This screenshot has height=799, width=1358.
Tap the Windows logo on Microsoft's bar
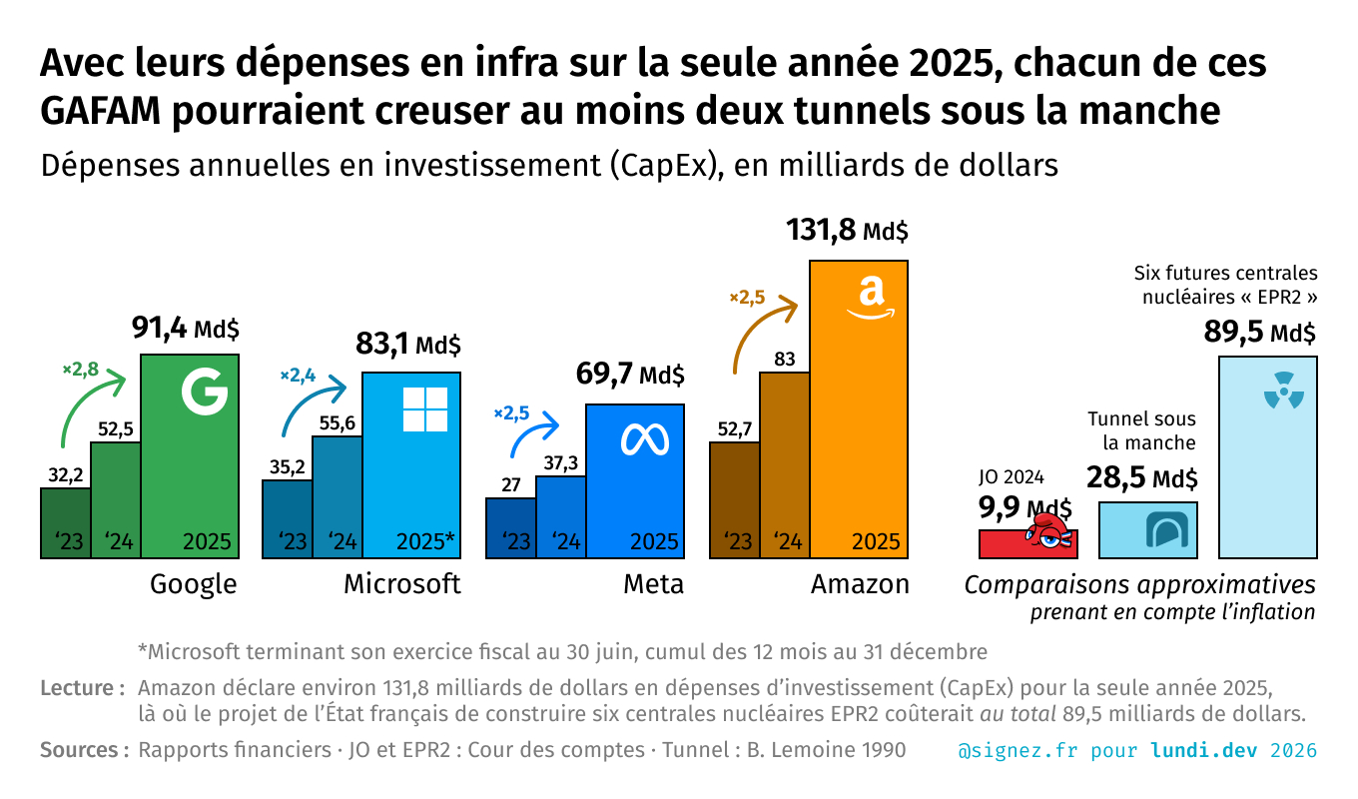tap(424, 409)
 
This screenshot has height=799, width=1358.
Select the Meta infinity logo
tap(635, 440)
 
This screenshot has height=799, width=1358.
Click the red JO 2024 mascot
tap(1050, 533)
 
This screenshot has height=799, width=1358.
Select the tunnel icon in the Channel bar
tap(1163, 529)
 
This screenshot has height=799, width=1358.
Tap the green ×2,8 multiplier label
tap(80, 370)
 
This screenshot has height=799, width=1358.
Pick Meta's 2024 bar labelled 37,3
tap(560, 516)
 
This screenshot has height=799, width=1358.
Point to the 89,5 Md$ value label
tap(1258, 333)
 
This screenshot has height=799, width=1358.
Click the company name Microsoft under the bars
tap(401, 584)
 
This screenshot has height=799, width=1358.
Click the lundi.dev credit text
tap(1207, 750)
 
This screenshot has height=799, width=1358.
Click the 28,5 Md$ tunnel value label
tap(1141, 478)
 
